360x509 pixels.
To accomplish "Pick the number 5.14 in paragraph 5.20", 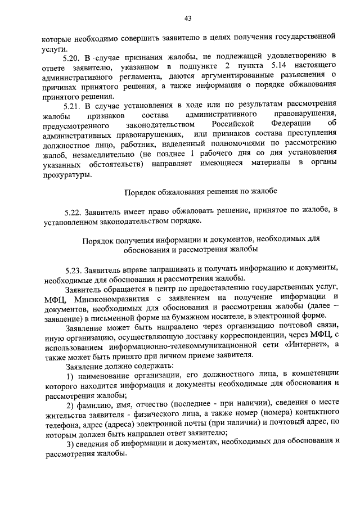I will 280,67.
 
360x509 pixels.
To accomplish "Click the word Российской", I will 235,125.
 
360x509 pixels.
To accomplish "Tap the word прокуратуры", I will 66,175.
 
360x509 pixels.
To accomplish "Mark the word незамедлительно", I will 118,155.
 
